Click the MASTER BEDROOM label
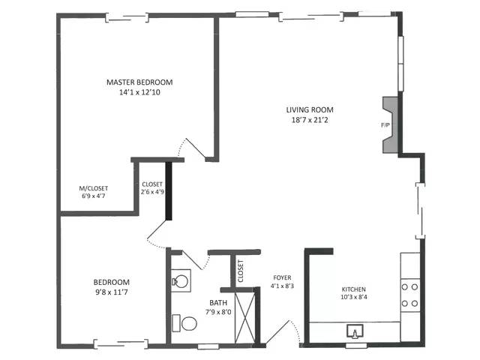(x=139, y=82)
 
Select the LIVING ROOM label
(x=313, y=109)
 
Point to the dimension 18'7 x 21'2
(x=313, y=120)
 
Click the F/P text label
(x=385, y=125)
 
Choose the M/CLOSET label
(x=94, y=188)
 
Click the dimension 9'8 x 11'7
(x=111, y=292)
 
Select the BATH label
(x=218, y=303)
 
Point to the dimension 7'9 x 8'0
(x=218, y=313)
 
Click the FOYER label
(x=282, y=277)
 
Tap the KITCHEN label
(x=354, y=289)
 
